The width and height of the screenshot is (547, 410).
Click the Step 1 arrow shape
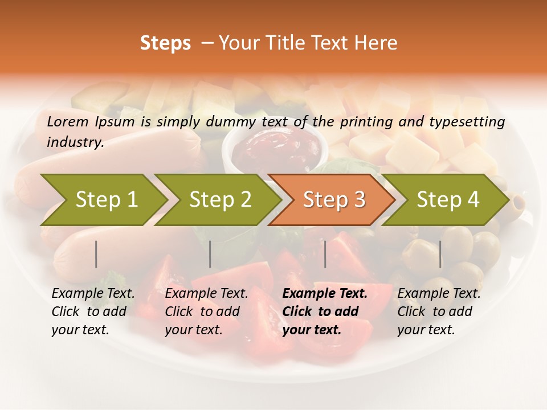105,200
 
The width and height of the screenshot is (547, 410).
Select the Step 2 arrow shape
220,200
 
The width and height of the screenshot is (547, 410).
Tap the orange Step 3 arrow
334,200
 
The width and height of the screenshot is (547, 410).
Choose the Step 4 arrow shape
448,200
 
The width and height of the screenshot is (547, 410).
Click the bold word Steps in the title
165,43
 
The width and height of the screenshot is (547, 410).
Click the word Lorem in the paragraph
67,121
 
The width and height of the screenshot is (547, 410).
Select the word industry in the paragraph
75,142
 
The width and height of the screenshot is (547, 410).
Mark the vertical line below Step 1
96,254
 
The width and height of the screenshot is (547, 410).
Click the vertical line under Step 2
210,254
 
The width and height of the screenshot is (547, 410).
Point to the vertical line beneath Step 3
325,254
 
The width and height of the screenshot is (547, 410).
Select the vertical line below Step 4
440,254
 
